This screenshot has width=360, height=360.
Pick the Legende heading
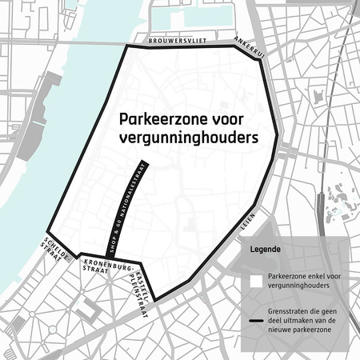(x=265, y=249)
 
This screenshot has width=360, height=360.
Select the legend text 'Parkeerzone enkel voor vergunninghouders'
(x=302, y=281)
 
